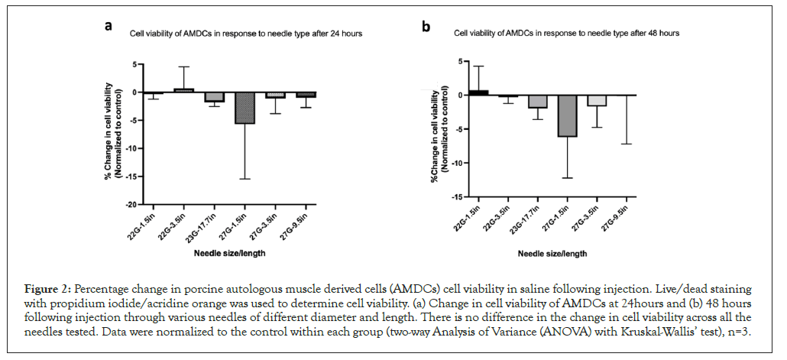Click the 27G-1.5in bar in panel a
pos(245,108)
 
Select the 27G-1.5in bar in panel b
pos(567,115)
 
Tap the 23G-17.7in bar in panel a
pos(215,97)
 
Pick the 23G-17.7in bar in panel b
pos(538,102)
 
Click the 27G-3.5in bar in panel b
pos(597,100)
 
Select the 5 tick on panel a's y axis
pos(136,64)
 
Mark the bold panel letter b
pos(426,28)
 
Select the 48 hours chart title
pos(566,34)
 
